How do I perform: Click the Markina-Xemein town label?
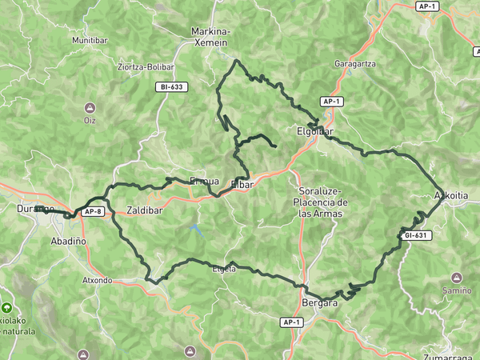pyautogui.click(x=210, y=36)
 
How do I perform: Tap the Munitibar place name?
pyautogui.click(x=89, y=39)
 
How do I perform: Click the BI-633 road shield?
pyautogui.click(x=173, y=86)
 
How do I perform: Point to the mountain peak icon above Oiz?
pyautogui.click(x=90, y=107)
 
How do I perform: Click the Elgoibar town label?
pyautogui.click(x=314, y=131)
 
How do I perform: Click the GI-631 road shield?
pyautogui.click(x=417, y=235)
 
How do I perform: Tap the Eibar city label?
pyautogui.click(x=242, y=185)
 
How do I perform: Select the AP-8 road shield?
pyautogui.click(x=94, y=211)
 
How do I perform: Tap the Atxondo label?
pyautogui.click(x=98, y=281)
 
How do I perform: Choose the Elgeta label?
pyautogui.click(x=223, y=270)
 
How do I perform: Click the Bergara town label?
pyautogui.click(x=322, y=303)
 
